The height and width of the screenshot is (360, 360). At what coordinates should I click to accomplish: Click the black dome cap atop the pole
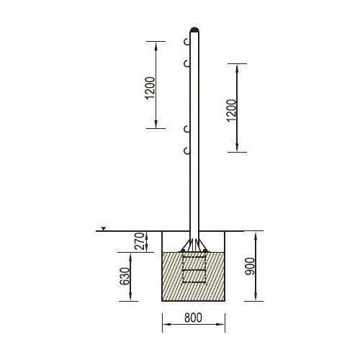click(194, 30)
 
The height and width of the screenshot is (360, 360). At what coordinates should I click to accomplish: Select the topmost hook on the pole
click(186, 42)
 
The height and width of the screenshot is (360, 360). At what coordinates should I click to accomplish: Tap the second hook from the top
click(186, 64)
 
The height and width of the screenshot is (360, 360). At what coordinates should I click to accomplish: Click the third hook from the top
click(186, 130)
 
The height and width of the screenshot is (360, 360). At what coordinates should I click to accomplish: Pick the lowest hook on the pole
click(186, 151)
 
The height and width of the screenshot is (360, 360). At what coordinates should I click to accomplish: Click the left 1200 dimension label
click(150, 88)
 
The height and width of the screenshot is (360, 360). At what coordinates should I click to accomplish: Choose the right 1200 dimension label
click(232, 110)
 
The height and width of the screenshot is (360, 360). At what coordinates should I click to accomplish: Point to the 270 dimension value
click(140, 241)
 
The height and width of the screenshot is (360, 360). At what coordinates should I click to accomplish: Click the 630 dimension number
click(125, 276)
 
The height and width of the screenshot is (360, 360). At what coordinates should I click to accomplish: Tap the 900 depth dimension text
click(250, 266)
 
